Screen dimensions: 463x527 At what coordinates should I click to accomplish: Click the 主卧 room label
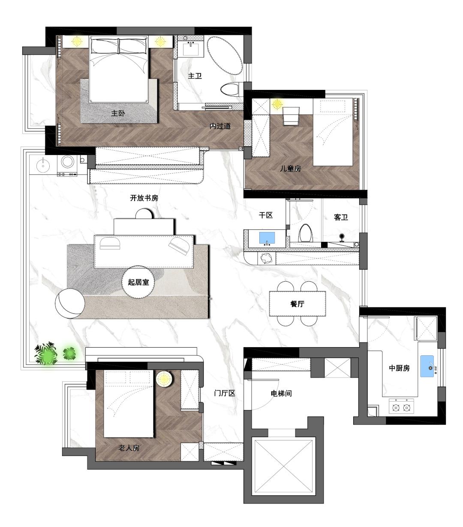click(118, 113)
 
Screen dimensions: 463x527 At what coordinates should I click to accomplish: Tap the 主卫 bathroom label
click(195, 76)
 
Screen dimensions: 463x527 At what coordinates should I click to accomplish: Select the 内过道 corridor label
click(220, 126)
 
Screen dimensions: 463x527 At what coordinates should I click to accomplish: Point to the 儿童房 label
click(291, 169)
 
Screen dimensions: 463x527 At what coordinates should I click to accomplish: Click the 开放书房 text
click(144, 198)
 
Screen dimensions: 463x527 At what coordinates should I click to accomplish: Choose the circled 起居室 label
click(138, 282)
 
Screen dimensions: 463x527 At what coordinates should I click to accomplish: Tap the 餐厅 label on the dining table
click(297, 304)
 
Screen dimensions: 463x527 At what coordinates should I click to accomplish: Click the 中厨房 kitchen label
click(399, 368)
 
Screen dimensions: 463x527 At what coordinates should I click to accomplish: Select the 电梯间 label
click(281, 393)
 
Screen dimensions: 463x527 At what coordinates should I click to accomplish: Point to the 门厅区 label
click(225, 393)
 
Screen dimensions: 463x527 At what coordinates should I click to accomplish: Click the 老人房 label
click(129, 448)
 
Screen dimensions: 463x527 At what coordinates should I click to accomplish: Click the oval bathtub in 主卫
click(225, 56)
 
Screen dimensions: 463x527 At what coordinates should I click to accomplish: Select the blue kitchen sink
click(427, 366)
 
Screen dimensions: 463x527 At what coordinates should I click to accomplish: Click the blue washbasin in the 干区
click(267, 238)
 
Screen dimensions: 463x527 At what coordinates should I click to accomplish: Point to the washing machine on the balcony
click(67, 165)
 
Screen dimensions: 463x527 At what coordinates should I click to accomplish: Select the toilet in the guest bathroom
click(306, 233)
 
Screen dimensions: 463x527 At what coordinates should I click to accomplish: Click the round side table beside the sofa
click(70, 303)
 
